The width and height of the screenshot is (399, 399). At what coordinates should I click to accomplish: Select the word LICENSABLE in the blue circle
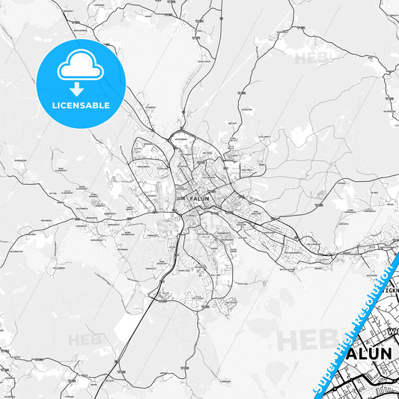point(81,106)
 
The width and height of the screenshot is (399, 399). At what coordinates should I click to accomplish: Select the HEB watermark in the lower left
point(84,341)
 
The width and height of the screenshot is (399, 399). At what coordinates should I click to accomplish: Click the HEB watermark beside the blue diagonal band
point(303,339)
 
